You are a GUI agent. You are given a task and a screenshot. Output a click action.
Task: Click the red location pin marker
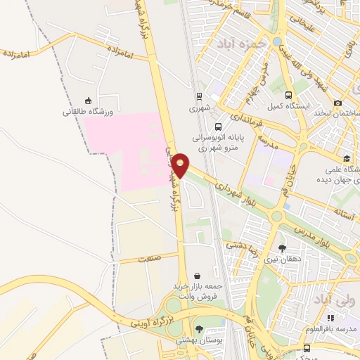[x=181, y=165]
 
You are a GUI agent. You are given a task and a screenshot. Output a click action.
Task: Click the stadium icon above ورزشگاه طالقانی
[x=88, y=100]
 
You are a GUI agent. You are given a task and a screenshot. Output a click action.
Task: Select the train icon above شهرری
[x=199, y=97]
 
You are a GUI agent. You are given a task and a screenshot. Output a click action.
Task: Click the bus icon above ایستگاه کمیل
[x=288, y=95]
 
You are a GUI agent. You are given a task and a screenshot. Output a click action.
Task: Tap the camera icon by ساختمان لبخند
[x=337, y=103]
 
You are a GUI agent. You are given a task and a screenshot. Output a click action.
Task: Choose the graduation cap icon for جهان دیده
[x=346, y=159]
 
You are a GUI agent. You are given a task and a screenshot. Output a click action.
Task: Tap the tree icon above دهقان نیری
[x=282, y=248]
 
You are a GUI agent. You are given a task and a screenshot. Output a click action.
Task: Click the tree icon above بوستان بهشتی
[x=200, y=328]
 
